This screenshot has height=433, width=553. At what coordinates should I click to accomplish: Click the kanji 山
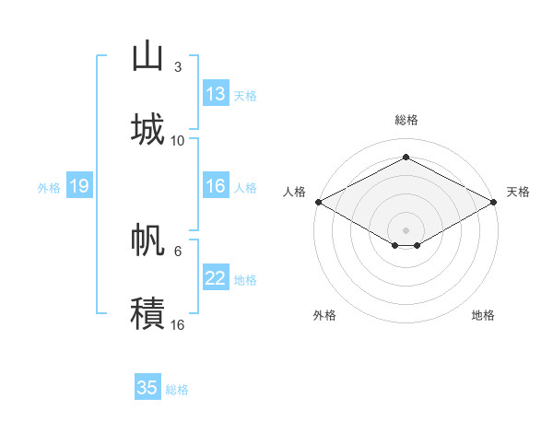click(147, 56)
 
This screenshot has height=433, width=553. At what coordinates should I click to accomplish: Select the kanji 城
click(147, 128)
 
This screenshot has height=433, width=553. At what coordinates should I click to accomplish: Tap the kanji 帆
click(147, 240)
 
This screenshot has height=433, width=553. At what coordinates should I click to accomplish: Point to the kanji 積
click(147, 312)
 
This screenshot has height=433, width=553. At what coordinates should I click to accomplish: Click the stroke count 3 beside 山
click(177, 67)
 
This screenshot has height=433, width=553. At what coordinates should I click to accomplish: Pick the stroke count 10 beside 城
click(178, 140)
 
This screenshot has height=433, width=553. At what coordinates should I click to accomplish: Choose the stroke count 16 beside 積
click(178, 324)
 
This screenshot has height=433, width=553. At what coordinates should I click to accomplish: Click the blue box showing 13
click(216, 94)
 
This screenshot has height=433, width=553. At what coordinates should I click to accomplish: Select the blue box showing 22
click(216, 278)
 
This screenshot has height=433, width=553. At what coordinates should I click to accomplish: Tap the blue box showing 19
click(79, 186)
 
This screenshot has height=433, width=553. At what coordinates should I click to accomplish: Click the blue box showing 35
click(147, 388)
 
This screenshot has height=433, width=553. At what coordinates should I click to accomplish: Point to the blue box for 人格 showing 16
click(216, 186)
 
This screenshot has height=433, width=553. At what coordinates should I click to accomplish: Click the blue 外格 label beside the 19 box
click(49, 187)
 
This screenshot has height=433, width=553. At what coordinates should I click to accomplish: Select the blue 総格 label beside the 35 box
click(177, 389)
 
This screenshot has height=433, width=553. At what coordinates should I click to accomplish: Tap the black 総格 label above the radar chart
click(406, 120)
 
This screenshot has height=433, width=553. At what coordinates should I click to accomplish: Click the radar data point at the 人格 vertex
click(318, 202)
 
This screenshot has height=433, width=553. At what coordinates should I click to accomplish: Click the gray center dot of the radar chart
click(406, 228)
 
